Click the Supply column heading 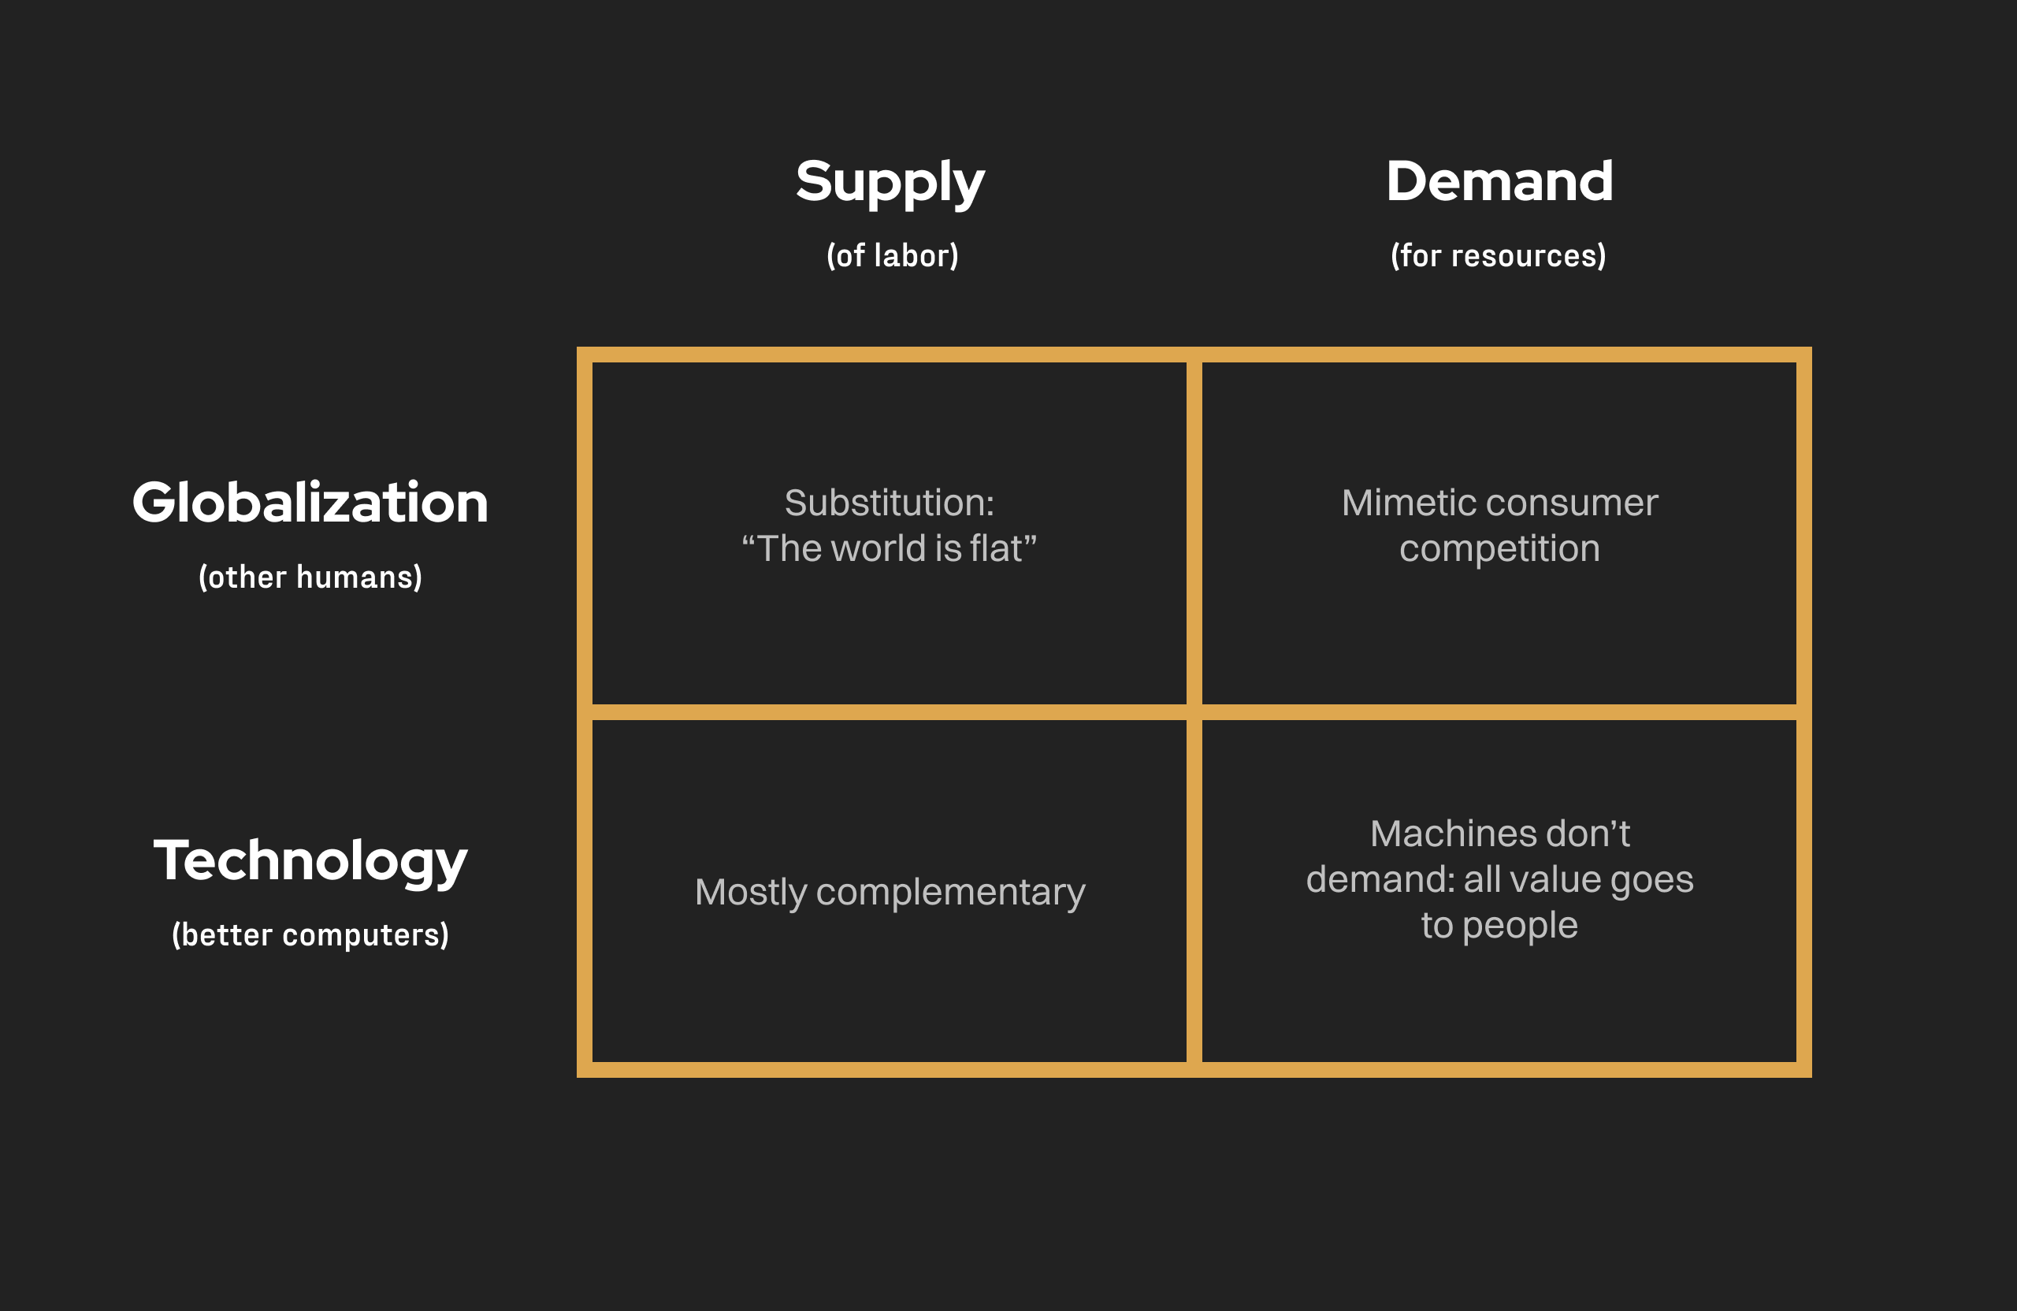[x=890, y=183]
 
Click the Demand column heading [x=1499, y=180]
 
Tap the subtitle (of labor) [x=893, y=255]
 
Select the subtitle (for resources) [x=1499, y=255]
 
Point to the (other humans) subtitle [x=310, y=578]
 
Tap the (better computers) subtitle [x=310, y=934]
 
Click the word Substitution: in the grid [x=889, y=503]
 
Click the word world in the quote [x=878, y=548]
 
